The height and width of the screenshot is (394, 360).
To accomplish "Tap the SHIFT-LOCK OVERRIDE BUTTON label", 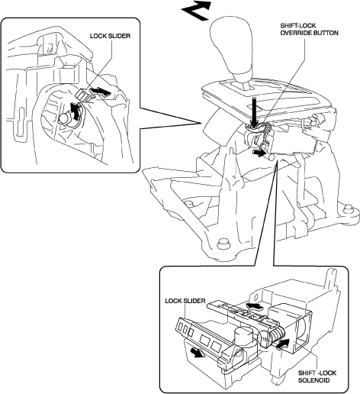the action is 309,29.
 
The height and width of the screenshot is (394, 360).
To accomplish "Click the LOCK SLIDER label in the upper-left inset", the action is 110,36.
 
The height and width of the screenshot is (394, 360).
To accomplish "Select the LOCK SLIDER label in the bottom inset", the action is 185,301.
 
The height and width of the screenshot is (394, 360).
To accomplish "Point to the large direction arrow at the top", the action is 197,10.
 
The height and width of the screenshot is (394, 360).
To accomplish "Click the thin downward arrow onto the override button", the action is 254,111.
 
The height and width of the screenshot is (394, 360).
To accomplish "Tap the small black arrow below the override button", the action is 259,153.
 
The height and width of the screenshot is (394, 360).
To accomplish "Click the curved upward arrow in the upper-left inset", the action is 76,111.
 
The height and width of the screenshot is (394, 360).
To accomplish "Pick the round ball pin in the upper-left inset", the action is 63,118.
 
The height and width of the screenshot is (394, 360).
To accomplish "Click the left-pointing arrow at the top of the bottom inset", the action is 255,305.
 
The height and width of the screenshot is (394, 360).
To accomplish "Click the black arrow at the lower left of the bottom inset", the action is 198,353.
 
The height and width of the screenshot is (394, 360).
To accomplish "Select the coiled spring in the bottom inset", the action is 275,333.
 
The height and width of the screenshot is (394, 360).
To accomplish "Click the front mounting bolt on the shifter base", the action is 223,244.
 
